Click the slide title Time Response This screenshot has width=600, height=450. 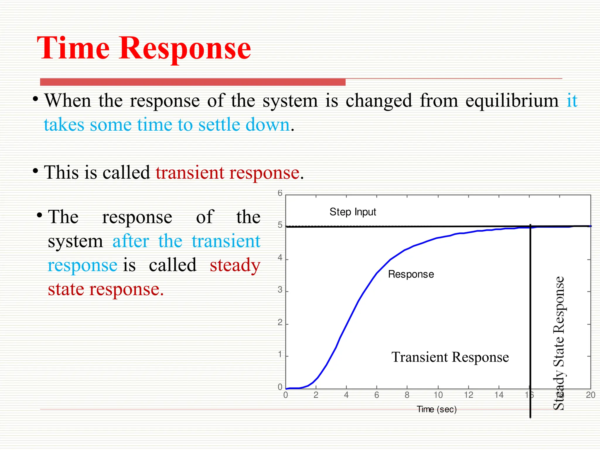tap(144, 48)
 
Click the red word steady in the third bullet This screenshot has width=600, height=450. tap(235, 265)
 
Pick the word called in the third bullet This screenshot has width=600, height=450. tap(173, 265)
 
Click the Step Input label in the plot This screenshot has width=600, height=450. tap(352, 212)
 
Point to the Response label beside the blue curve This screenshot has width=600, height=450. tap(411, 274)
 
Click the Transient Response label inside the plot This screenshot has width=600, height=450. tap(450, 357)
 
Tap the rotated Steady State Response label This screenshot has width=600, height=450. tap(559, 343)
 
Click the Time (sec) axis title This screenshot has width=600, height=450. tap(437, 409)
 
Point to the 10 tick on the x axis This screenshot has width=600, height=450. tap(438, 395)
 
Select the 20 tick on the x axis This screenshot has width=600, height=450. tap(590, 395)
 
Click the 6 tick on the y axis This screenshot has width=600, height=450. tap(280, 193)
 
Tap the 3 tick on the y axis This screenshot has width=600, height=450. tap(280, 290)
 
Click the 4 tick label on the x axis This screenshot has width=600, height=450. tap(346, 395)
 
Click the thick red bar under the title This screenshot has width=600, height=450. tap(192, 82)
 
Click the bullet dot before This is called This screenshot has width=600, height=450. tap(35, 171)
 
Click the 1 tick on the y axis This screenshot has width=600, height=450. tap(280, 355)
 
